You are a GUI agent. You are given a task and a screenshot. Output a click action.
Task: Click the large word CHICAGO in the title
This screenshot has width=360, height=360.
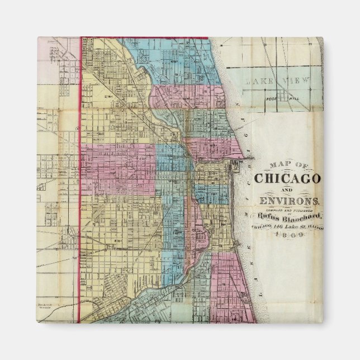pyautogui.click(x=287, y=178)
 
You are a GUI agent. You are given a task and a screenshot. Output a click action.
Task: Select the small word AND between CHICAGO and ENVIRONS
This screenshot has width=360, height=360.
pyautogui.click(x=262, y=190)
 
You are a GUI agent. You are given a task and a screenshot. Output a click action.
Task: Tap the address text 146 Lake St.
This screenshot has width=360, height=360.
pyautogui.click(x=291, y=226)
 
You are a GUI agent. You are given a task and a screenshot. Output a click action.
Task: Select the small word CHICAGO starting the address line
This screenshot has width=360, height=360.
pyautogui.click(x=263, y=226)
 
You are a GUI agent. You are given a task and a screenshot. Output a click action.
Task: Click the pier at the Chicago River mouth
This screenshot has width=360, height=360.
pyautogui.click(x=235, y=162)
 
